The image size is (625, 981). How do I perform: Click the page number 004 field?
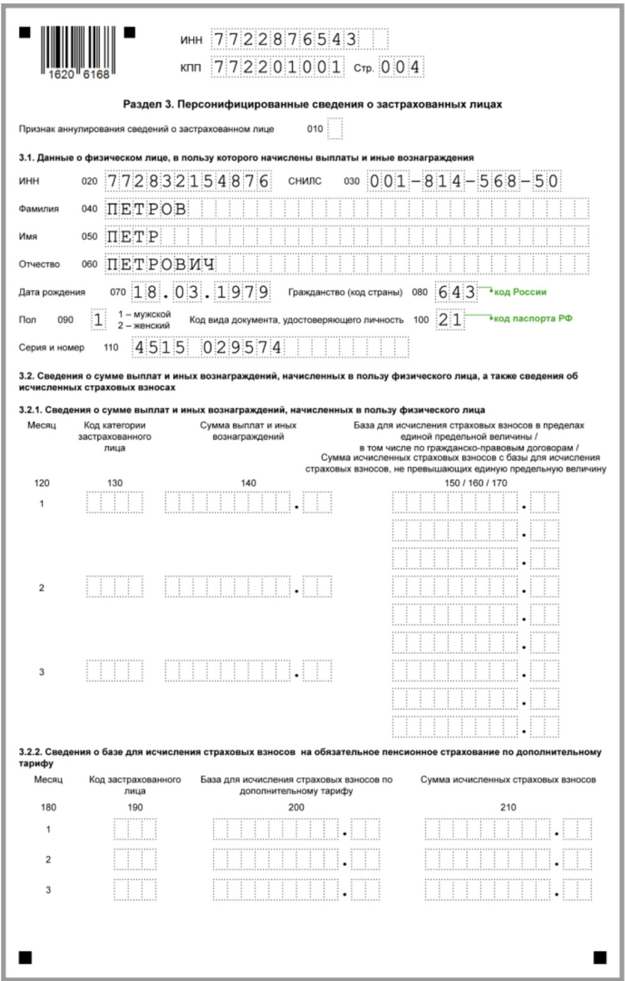(401, 67)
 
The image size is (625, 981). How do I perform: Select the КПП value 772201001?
(278, 67)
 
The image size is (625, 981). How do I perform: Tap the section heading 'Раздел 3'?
(312, 104)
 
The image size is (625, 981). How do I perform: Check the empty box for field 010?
(335, 128)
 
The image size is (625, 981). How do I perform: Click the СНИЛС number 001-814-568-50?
(464, 181)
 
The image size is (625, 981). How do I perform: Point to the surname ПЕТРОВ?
(147, 209)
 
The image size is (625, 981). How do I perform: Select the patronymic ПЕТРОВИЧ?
(161, 264)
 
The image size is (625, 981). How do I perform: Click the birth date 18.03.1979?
(201, 293)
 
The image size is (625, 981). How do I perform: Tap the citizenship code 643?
(456, 293)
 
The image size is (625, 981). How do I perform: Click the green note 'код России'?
(520, 292)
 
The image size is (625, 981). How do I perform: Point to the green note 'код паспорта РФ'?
(532, 319)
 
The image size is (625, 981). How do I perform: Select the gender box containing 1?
(98, 319)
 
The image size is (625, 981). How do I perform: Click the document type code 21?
(449, 319)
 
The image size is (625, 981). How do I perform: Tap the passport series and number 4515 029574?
(207, 347)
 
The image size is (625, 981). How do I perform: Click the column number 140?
(248, 483)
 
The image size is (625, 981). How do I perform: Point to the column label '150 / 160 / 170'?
(475, 483)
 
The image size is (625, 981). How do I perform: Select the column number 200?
(296, 807)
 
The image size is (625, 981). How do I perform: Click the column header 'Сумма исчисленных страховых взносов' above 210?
(507, 780)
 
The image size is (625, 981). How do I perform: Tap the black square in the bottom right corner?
(599, 957)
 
